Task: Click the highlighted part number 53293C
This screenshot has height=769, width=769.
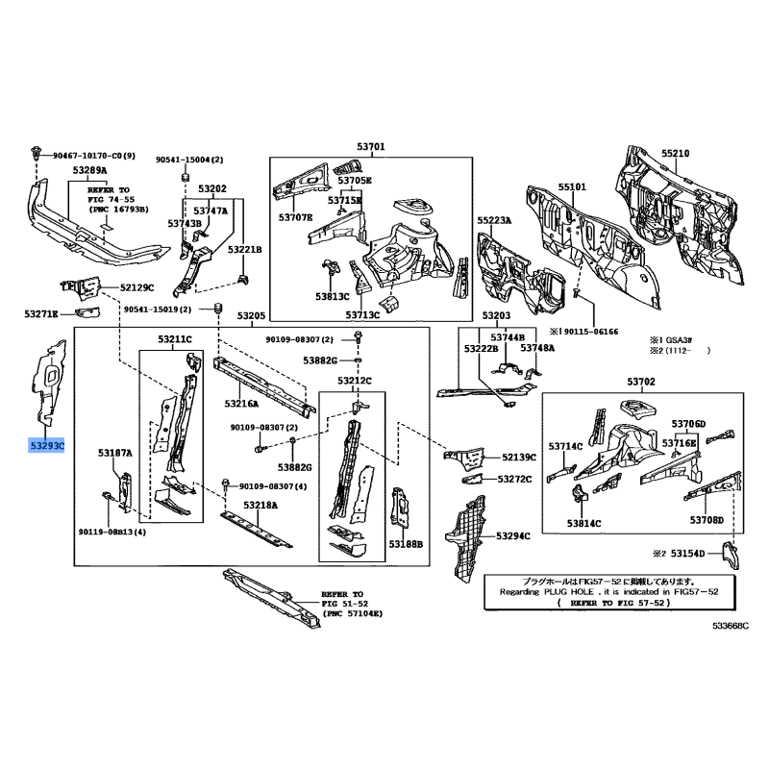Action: click(x=46, y=446)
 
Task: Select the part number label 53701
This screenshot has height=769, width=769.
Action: click(x=371, y=146)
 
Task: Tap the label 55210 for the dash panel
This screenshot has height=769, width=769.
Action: click(x=676, y=154)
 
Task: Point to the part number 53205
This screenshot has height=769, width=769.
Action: click(x=251, y=316)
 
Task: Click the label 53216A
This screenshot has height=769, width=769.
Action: click(x=241, y=404)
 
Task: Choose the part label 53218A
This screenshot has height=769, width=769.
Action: click(x=260, y=506)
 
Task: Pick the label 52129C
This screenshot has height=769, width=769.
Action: click(x=136, y=287)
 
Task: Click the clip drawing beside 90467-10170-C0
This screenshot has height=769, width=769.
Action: click(x=36, y=153)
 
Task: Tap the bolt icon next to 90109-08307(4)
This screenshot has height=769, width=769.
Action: click(x=226, y=485)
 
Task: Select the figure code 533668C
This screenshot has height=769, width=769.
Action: click(x=731, y=626)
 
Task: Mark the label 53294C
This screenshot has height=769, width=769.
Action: click(x=513, y=536)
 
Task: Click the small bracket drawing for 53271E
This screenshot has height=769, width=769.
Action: click(x=87, y=312)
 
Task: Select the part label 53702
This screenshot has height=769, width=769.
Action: click(x=641, y=382)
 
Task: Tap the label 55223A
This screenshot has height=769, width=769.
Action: click(x=494, y=221)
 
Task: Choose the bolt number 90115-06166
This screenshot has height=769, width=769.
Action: click(x=591, y=332)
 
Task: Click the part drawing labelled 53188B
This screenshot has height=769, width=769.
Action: click(x=399, y=508)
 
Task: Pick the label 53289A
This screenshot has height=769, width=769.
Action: click(x=89, y=170)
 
